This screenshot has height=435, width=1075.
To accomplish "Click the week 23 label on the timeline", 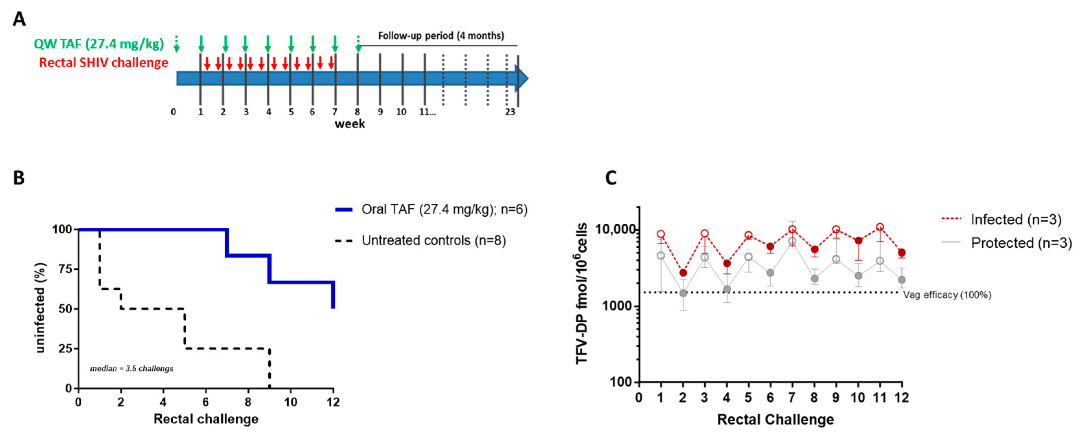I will click(x=510, y=112).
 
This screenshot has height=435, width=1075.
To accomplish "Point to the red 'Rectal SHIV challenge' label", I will click(x=104, y=63).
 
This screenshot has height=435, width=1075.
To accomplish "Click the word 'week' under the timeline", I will click(x=350, y=124).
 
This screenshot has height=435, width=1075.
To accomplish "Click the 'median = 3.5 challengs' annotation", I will click(x=131, y=369).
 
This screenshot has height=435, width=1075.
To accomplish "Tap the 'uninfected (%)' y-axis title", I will click(x=40, y=308).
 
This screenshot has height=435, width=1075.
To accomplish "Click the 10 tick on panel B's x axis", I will click(x=291, y=402).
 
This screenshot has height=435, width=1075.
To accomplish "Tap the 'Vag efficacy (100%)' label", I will click(x=947, y=295).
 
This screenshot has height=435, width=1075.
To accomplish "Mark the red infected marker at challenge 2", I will click(x=683, y=273).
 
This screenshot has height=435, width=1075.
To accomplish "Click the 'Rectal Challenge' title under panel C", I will click(x=775, y=420).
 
